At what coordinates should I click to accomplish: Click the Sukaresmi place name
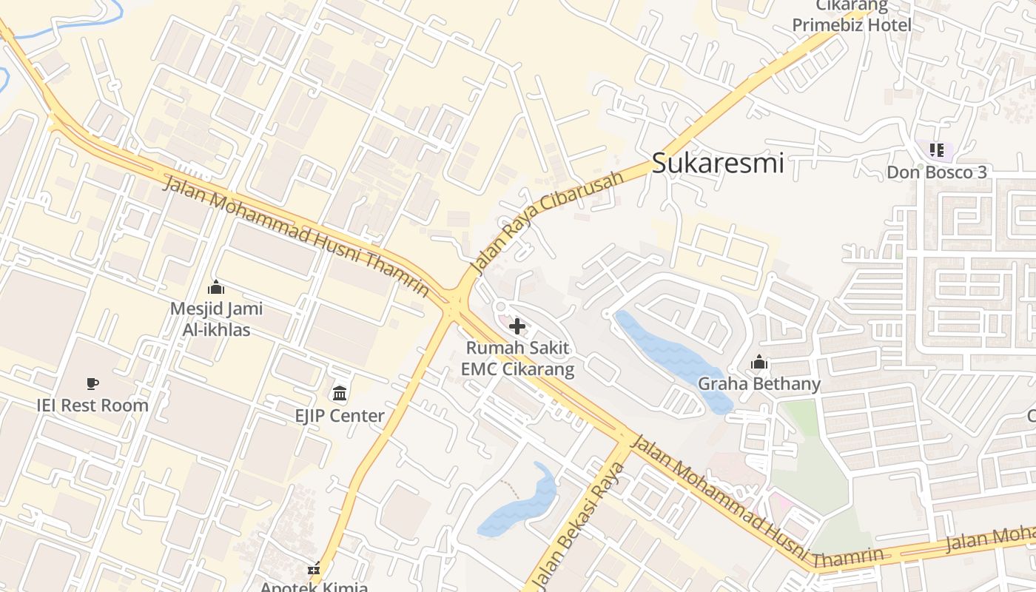coord(717,163)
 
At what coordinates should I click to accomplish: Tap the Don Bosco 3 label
coord(937,172)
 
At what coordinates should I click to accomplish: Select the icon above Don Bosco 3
coord(937,151)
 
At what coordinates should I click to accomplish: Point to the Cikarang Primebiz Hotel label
coord(852,16)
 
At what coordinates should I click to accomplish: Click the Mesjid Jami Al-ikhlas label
coord(216,319)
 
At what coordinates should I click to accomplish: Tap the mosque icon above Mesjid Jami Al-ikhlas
coord(216,287)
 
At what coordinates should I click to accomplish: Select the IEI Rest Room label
coord(92,406)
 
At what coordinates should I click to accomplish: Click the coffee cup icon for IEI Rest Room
coord(92,383)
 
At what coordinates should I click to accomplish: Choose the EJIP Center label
coord(340,416)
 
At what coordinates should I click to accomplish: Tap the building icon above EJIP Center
coord(340,393)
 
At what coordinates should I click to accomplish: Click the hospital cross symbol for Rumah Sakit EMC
coord(517,326)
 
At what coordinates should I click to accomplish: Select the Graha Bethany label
coord(759,384)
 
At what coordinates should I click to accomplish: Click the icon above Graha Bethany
coord(759,363)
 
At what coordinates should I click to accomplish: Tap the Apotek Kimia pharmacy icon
coord(314,570)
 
